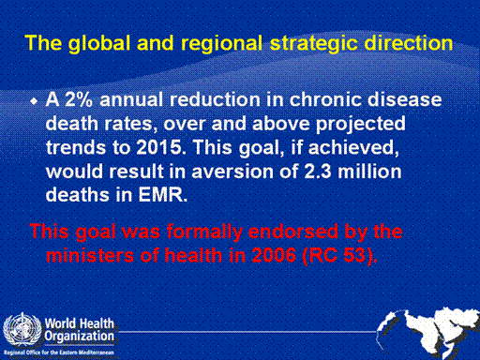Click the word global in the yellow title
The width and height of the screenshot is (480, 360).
click(99, 44)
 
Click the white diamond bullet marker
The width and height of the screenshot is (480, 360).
click(34, 101)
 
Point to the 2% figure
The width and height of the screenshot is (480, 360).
click(79, 99)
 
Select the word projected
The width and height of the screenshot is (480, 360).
click(361, 125)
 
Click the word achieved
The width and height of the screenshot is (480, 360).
click(353, 147)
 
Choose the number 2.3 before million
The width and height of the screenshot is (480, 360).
click(318, 172)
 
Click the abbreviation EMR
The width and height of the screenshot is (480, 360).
click(163, 195)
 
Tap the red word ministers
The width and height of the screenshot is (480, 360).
click(90, 256)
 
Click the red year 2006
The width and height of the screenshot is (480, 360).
click(274, 256)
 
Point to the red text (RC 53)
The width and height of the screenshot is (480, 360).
click(339, 256)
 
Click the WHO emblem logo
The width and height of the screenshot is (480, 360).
click(22, 329)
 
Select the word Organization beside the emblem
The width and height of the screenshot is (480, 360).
click(79, 337)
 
